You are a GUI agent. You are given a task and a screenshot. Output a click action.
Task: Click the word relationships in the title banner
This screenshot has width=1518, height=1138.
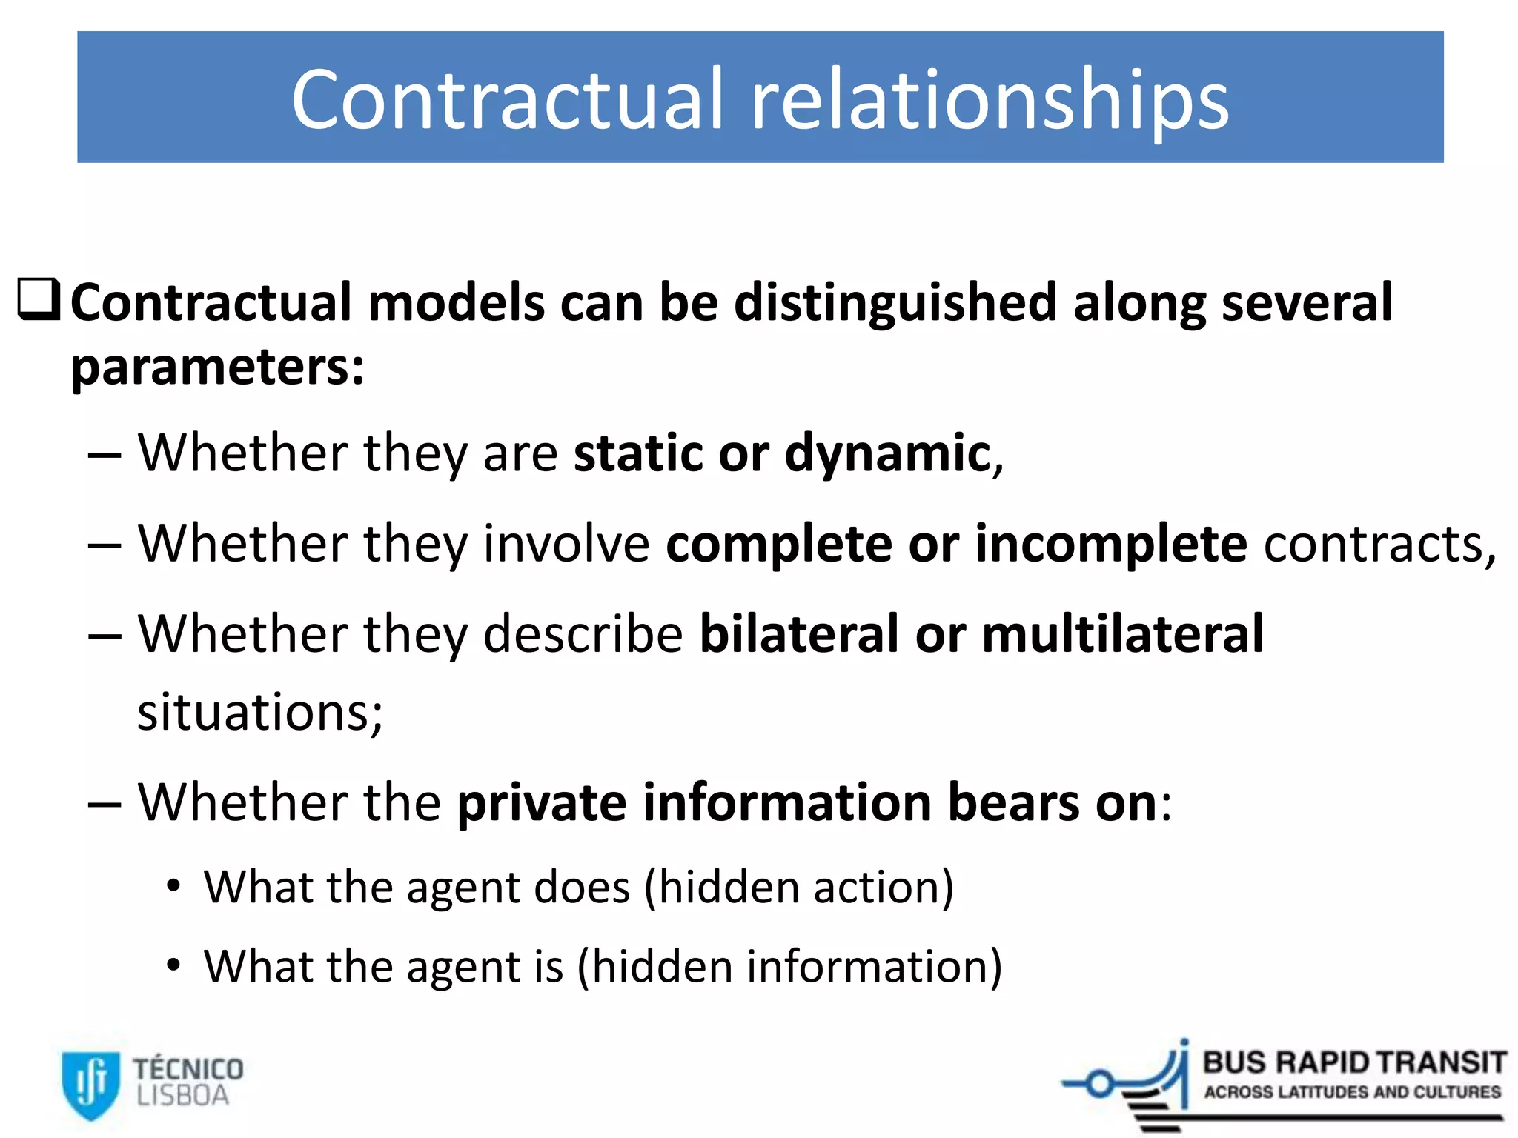990,100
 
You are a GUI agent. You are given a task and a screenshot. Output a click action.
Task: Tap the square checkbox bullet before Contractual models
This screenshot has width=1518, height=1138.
38,300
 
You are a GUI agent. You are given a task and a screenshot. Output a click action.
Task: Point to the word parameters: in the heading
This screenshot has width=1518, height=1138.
217,367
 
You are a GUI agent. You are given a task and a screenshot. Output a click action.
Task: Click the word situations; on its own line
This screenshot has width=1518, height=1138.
260,712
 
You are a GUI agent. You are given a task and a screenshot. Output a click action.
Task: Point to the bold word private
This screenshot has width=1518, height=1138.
541,803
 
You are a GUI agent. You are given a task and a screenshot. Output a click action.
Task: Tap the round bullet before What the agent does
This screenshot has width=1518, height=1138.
173,886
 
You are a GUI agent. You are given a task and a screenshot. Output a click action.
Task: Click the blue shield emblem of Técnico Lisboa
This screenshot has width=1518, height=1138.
90,1084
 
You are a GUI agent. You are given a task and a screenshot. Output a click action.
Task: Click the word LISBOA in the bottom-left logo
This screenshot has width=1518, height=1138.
182,1097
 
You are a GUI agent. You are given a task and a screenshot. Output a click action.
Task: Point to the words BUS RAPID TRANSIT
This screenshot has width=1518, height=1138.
1353,1062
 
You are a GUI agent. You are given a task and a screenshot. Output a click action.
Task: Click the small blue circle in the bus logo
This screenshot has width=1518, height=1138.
1101,1085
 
